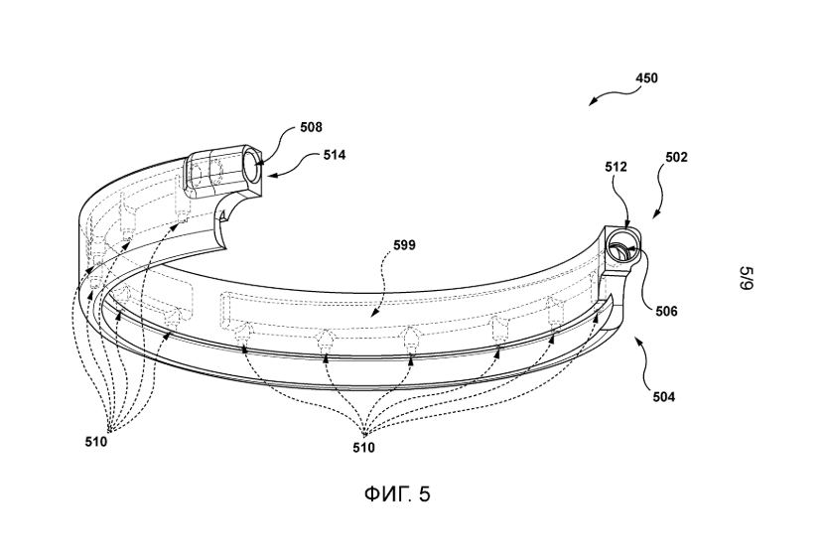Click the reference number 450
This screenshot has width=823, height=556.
point(646,78)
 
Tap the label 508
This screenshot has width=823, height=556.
point(312,127)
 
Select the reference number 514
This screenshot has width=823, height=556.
point(335,155)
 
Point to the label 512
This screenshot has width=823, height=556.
point(616,167)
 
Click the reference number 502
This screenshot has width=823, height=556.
point(676,157)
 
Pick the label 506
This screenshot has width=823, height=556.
point(666,312)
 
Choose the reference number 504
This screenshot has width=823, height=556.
point(664,397)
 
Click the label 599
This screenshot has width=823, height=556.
point(405,245)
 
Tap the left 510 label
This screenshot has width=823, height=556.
point(96,442)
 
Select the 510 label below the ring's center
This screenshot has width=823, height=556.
point(363,448)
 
